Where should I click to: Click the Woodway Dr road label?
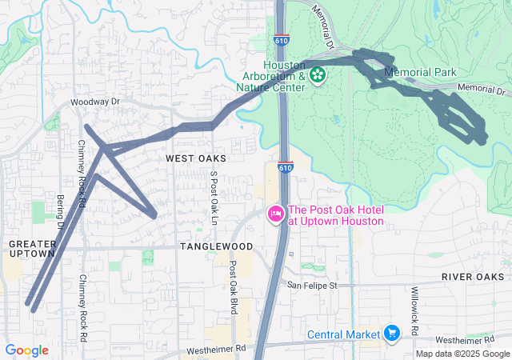[x=94, y=102]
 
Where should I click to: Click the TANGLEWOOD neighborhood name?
[x=216, y=246]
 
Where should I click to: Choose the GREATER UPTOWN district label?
[x=33, y=248]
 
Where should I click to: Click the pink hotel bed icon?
[x=275, y=214]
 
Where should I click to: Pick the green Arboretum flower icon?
[x=318, y=75]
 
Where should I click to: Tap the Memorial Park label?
[x=420, y=72]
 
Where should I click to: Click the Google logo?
[x=26, y=350]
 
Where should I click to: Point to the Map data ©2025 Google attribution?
[x=463, y=354]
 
